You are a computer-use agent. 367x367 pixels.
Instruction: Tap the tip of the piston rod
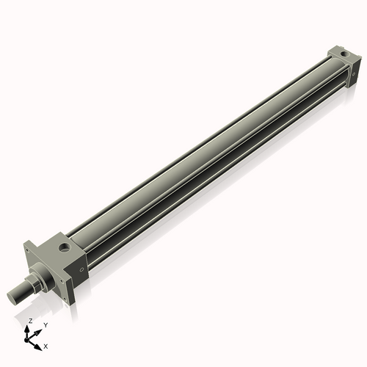(x=12, y=297)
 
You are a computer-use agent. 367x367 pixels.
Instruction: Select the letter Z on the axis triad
(x=30, y=321)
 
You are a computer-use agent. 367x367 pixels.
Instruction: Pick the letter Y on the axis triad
(x=46, y=324)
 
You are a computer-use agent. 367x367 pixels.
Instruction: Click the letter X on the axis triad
(x=46, y=345)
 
